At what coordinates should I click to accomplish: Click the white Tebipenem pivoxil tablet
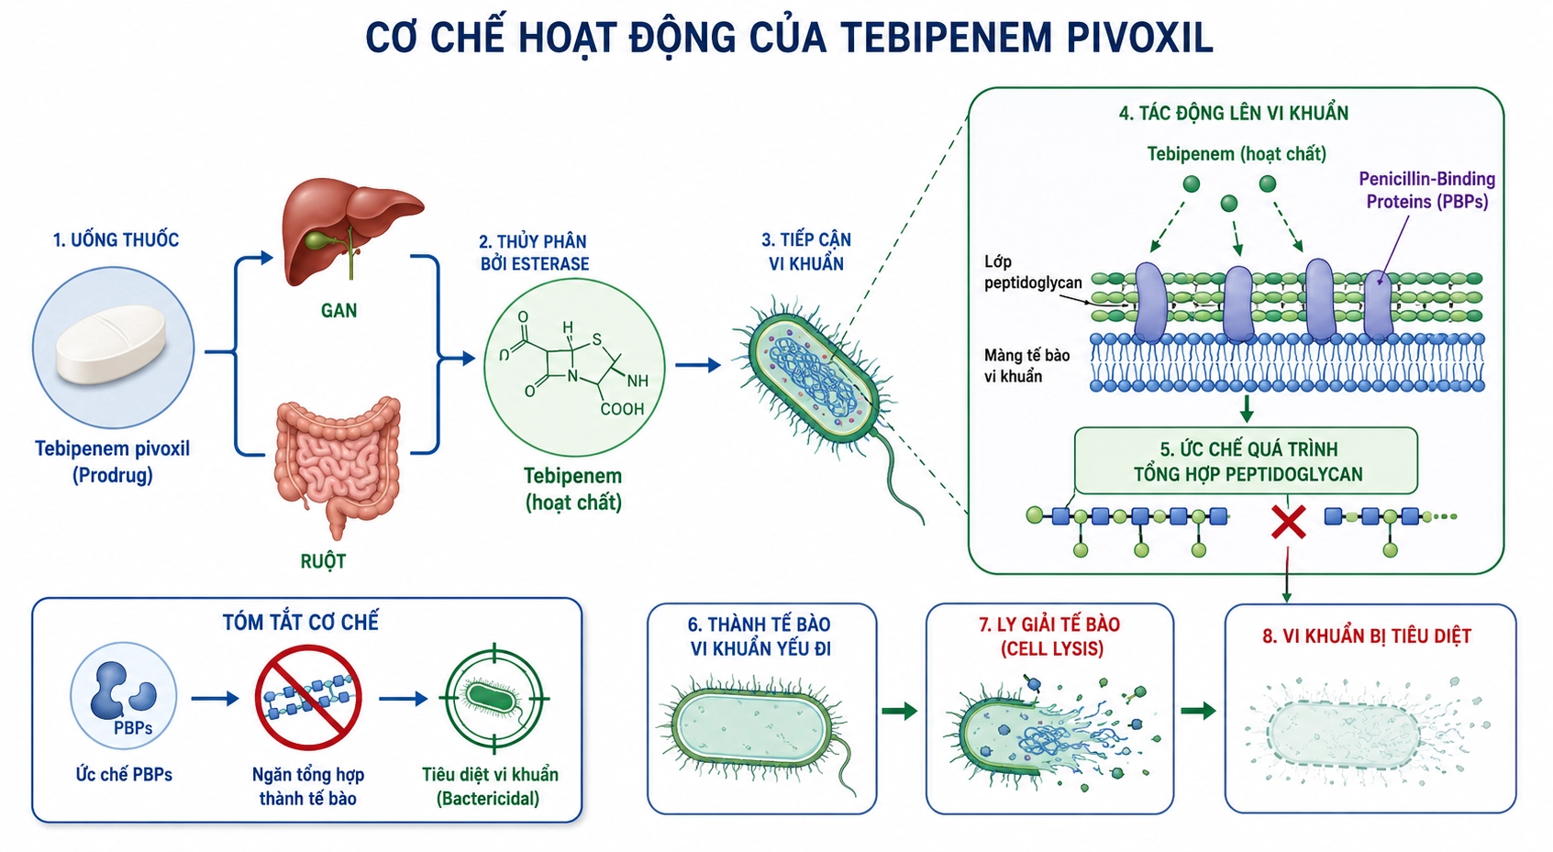tap(111, 344)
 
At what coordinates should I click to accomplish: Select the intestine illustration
tap(338, 463)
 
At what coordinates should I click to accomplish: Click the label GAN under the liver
tap(339, 311)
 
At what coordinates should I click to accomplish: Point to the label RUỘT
tap(323, 561)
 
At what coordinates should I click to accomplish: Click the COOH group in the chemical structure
tap(622, 409)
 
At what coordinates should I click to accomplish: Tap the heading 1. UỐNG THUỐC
tap(116, 240)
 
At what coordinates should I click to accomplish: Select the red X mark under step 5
tap(1288, 522)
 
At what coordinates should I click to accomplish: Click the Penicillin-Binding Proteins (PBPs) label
tap(1426, 190)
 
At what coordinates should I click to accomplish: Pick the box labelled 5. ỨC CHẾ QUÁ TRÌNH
tap(1246, 460)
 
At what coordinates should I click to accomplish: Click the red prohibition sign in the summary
tap(308, 697)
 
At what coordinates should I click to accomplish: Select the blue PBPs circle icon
tap(124, 696)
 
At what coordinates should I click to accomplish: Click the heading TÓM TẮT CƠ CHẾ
tap(300, 622)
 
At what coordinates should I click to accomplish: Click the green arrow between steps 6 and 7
tap(900, 711)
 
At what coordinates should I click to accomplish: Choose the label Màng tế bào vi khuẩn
tap(1026, 366)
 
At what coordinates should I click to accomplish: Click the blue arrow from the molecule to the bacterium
tap(698, 365)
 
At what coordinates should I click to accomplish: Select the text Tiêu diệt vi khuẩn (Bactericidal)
tap(490, 786)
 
